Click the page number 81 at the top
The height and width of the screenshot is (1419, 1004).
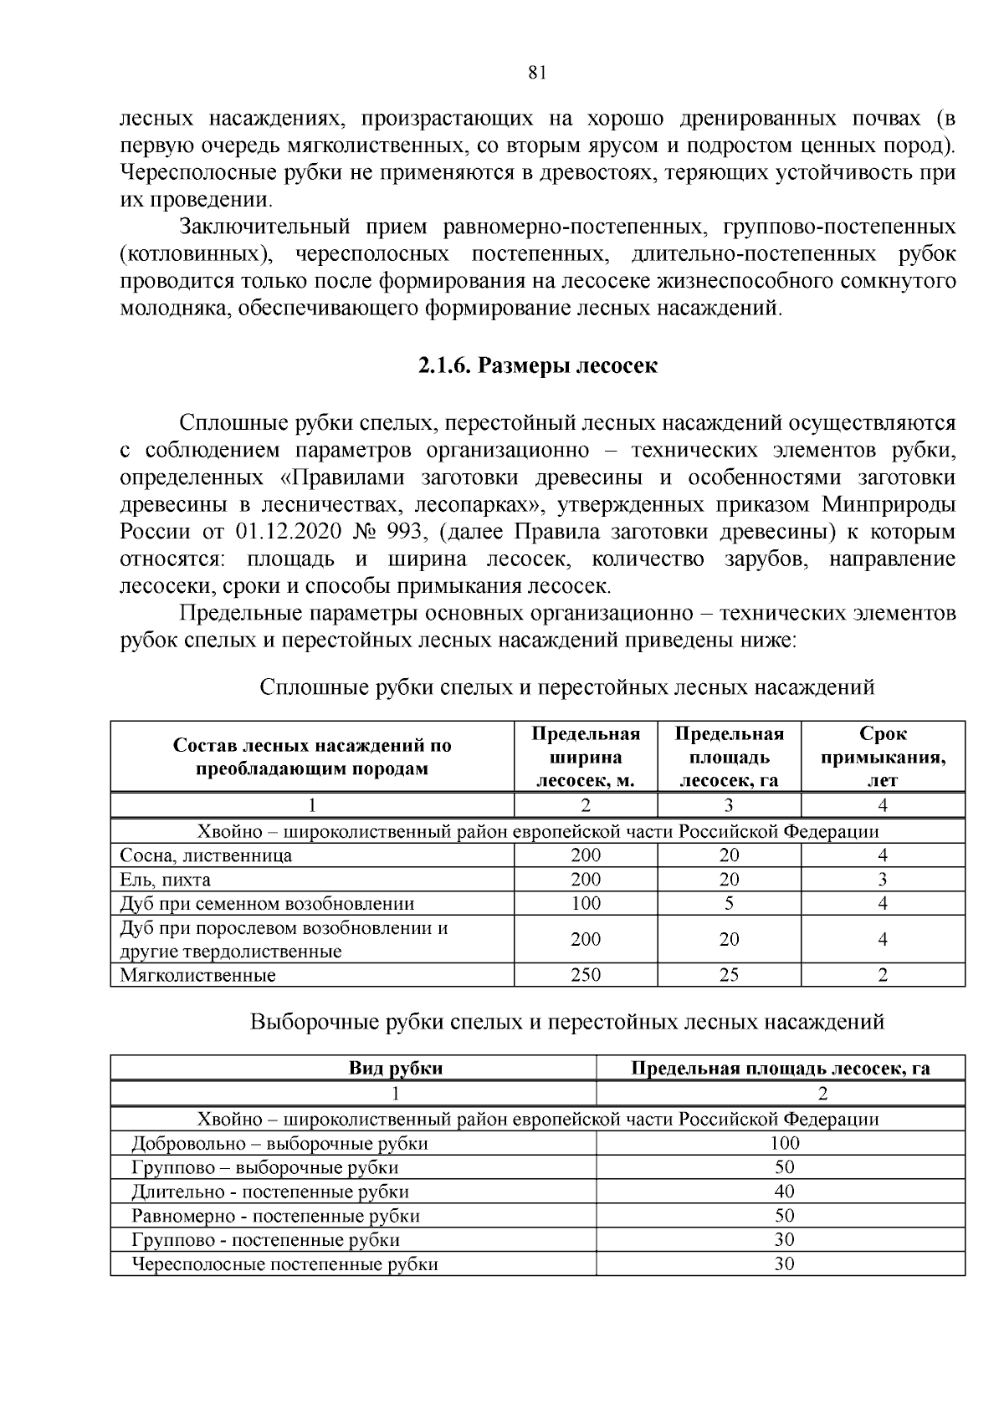tap(537, 73)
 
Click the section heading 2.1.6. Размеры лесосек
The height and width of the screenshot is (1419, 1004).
tap(537, 366)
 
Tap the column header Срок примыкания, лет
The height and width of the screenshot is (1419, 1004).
tap(883, 757)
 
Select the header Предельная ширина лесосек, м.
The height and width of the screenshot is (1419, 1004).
tap(586, 757)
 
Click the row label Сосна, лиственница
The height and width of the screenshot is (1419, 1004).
tap(206, 855)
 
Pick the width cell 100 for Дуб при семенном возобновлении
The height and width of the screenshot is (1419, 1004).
tap(586, 903)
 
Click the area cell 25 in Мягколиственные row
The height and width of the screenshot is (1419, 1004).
tap(729, 975)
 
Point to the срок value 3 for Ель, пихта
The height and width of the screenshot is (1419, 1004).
tap(883, 880)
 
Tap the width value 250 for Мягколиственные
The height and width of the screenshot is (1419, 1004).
tap(586, 975)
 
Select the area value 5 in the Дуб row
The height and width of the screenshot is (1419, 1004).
tap(729, 903)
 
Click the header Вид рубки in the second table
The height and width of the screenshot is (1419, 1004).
tap(396, 1068)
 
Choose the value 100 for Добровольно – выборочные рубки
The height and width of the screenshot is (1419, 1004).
tap(784, 1143)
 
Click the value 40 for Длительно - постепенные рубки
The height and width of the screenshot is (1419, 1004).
tap(784, 1192)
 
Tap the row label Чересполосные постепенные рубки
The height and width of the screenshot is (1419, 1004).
tap(284, 1264)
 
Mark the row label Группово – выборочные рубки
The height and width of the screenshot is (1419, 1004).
tap(264, 1167)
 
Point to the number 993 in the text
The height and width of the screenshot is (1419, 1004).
tap(406, 533)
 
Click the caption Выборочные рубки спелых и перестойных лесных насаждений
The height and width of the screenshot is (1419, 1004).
tap(567, 1022)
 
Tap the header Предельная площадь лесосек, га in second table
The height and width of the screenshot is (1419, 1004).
tap(780, 1068)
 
